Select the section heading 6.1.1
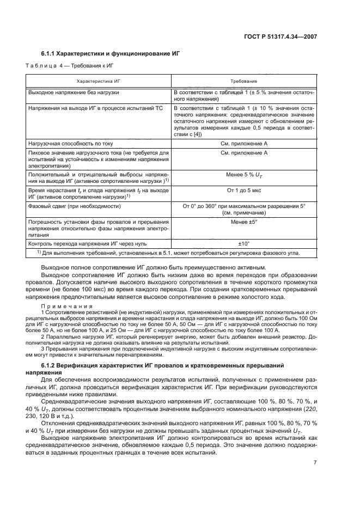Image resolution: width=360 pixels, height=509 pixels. click(50, 53)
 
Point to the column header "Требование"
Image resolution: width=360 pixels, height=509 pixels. click(243, 80)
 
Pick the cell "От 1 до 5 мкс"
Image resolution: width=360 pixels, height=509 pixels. click(243, 191)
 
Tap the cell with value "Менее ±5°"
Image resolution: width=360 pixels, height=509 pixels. click(243, 222)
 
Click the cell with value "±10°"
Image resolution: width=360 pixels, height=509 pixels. click(243, 243)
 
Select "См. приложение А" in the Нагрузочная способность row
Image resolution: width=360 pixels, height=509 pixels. click(243, 144)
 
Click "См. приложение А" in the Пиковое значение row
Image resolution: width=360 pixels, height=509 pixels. click(243, 154)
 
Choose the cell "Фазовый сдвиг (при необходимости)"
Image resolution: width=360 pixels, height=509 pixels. click(72, 207)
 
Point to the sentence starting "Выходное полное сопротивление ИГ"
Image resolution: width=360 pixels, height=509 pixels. click(155, 268)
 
